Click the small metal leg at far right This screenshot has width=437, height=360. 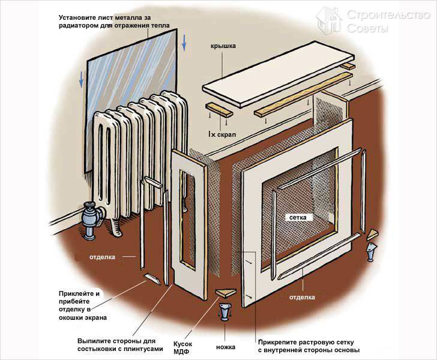tap(371, 251)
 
